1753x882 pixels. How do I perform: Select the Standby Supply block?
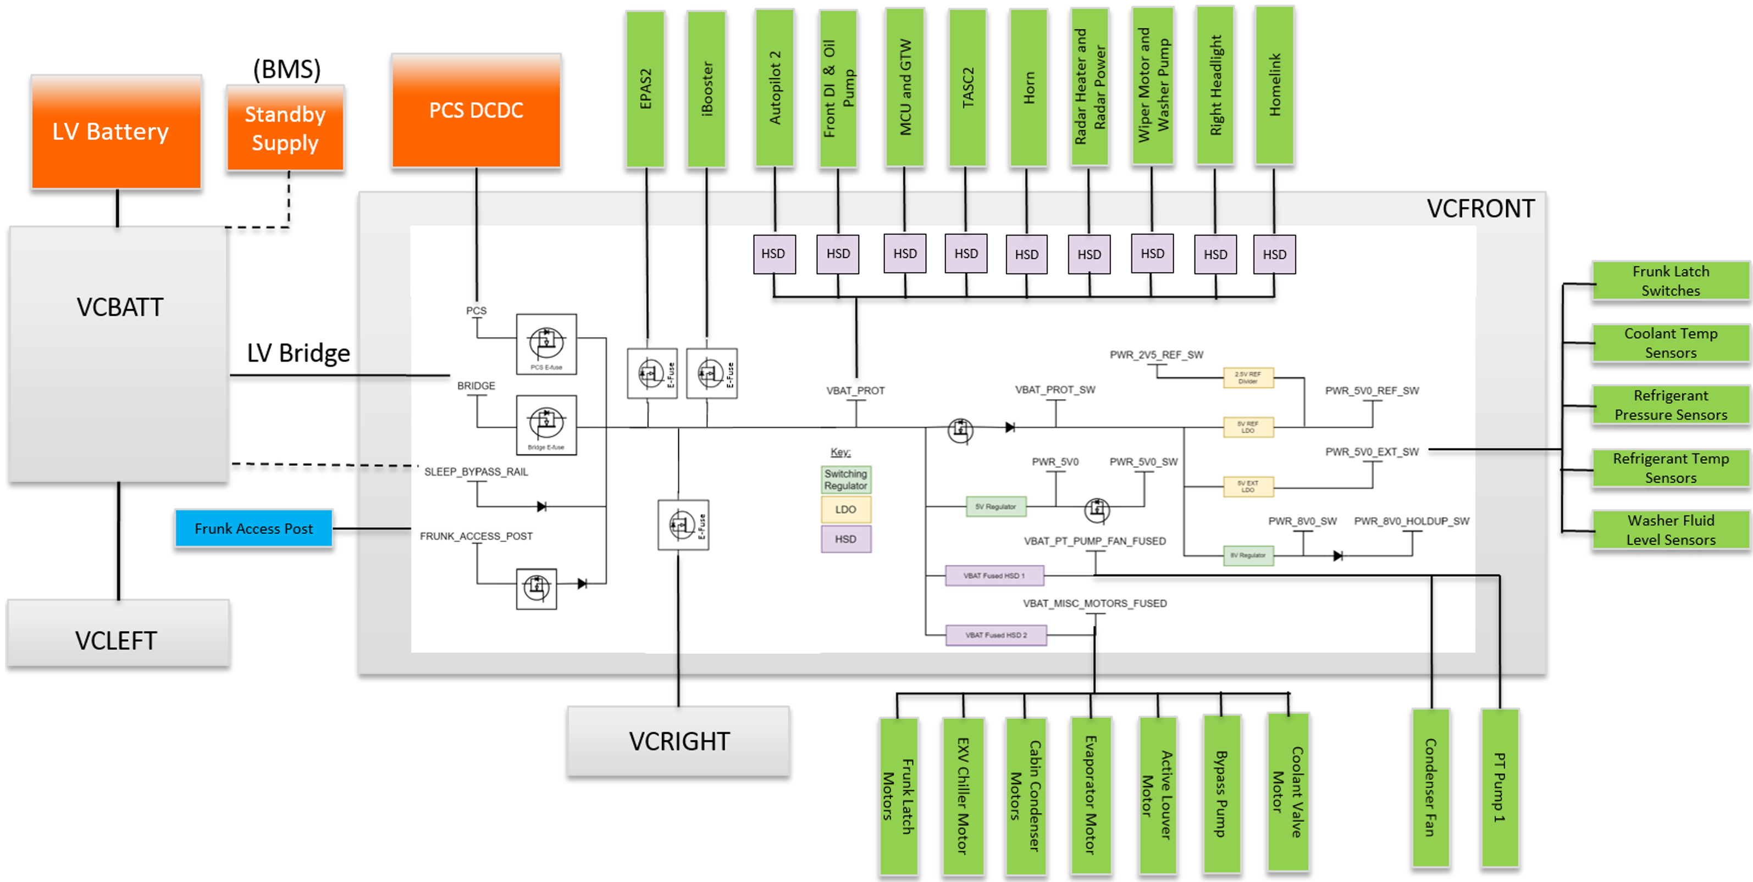coord(285,129)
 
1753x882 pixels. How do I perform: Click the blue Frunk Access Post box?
coord(254,528)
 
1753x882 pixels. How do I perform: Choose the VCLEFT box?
coord(118,640)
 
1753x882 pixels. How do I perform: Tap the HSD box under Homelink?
coord(1274,254)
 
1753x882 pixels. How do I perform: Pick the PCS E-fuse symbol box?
coord(546,344)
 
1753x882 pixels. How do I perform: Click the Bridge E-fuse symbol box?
coord(546,425)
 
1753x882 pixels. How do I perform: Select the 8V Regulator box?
coord(1248,556)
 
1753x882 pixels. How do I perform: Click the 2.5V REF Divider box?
coord(1248,377)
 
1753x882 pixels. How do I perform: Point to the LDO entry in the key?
coord(846,509)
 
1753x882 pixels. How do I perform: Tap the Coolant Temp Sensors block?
coord(1671,343)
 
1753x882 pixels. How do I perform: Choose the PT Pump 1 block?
coord(1500,788)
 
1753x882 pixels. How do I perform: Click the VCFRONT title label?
coord(1480,208)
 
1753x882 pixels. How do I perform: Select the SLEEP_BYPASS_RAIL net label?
coord(475,472)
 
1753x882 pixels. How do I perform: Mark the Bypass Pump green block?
coord(1221,793)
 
